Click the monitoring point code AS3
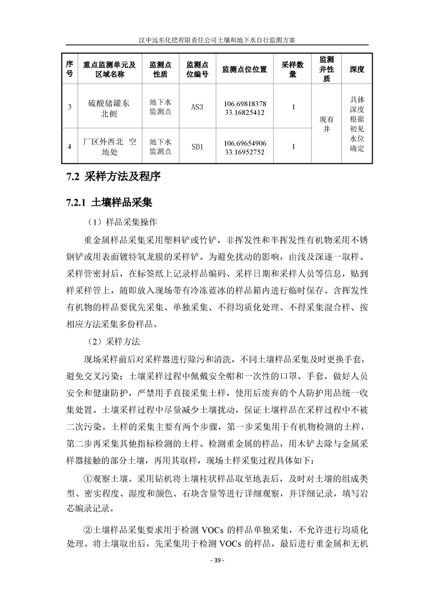tap(197, 108)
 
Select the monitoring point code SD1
tap(197, 146)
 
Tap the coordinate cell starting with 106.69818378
tap(245, 108)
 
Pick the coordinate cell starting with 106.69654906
tap(245, 147)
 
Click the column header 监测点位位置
tap(245, 70)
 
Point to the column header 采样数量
tap(293, 70)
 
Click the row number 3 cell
tap(70, 108)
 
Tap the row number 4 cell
tap(70, 146)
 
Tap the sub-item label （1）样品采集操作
tap(121, 223)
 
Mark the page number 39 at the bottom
tap(217, 561)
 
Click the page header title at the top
tap(217, 40)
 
